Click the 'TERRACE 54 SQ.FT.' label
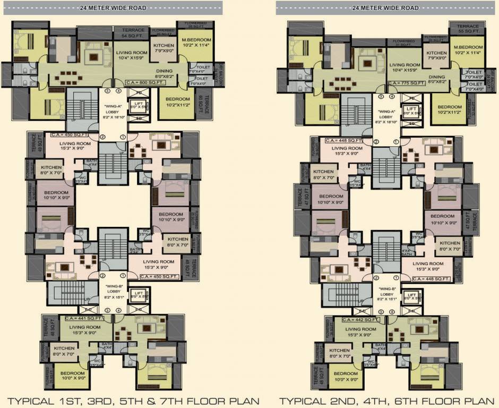[x=133, y=32]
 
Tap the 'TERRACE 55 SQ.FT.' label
[x=468, y=29]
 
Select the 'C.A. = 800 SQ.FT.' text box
[x=140, y=82]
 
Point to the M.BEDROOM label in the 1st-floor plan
[x=196, y=43]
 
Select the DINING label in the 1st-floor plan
[x=164, y=73]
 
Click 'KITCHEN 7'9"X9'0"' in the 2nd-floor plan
[x=436, y=56]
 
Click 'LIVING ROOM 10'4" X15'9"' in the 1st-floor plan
[x=132, y=56]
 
